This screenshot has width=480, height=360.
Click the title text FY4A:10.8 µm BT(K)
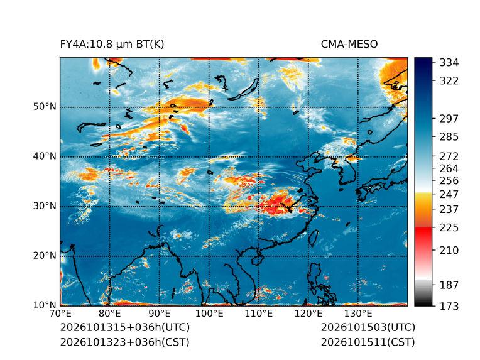(x=112, y=45)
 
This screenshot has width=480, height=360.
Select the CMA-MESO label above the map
(x=349, y=45)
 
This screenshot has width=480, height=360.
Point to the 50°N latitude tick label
(x=45, y=107)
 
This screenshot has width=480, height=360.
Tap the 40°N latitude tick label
(x=45, y=156)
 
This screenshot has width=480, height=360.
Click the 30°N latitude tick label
(x=45, y=205)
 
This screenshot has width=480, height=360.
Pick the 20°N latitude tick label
(x=45, y=255)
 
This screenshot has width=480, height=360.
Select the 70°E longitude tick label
(x=60, y=314)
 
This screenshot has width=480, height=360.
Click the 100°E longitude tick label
(x=209, y=314)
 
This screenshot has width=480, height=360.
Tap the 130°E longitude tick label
(x=358, y=314)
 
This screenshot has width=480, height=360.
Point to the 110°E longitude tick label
(x=259, y=314)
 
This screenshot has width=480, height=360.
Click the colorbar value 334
(x=449, y=63)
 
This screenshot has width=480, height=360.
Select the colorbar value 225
(x=449, y=228)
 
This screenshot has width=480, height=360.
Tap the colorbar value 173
(x=449, y=306)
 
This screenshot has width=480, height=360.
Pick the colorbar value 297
(x=449, y=119)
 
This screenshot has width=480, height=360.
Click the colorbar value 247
(x=449, y=194)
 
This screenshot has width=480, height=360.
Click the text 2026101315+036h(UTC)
(x=125, y=327)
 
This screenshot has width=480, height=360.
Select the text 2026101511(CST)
(x=368, y=342)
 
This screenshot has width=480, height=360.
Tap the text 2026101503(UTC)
(x=368, y=327)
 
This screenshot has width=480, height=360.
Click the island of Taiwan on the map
(x=313, y=238)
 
